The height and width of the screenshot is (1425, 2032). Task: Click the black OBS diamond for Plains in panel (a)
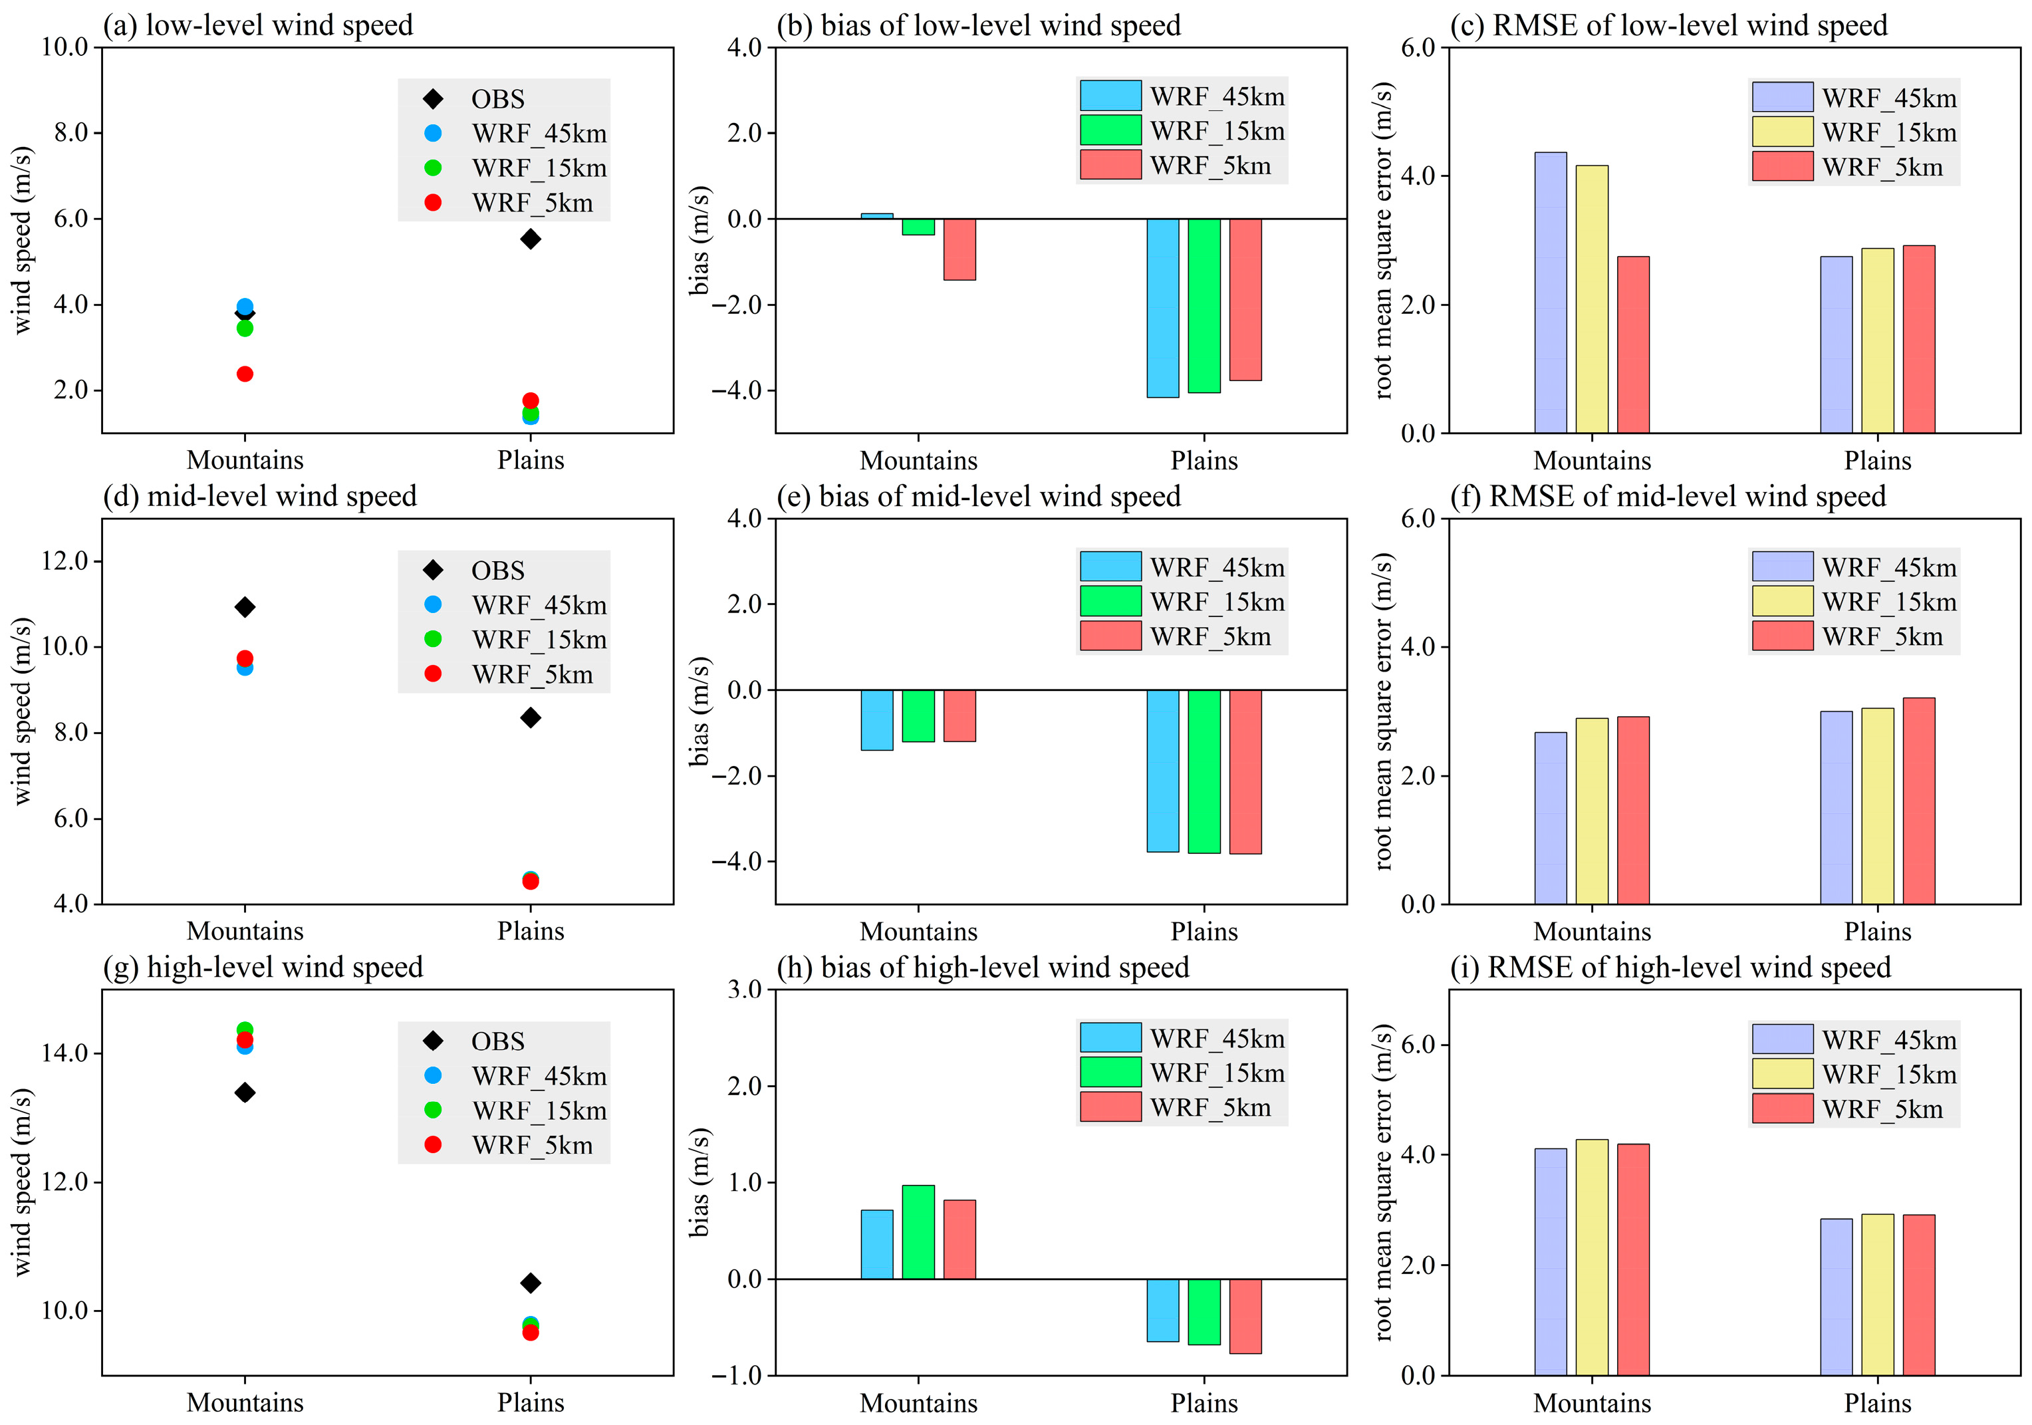tap(530, 239)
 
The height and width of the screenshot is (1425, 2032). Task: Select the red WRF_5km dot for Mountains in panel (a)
tap(245, 374)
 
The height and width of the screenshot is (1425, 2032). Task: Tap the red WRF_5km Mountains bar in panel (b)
tap(959, 249)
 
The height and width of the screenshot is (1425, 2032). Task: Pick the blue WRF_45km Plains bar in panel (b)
tap(1162, 307)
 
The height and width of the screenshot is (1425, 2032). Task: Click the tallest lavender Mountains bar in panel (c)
tap(1550, 292)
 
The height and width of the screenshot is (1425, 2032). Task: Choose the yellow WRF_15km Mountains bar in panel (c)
tap(1591, 299)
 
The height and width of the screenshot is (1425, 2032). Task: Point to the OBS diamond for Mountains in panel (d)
tap(245, 606)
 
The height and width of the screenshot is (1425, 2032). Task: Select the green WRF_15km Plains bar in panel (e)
tap(1204, 771)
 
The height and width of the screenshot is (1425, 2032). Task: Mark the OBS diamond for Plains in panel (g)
tap(530, 1283)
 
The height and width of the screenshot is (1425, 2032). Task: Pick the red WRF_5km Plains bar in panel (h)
tap(1245, 1315)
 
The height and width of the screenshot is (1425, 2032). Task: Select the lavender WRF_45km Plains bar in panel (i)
tap(1836, 1296)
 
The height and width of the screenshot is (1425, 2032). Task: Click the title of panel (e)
tap(978, 497)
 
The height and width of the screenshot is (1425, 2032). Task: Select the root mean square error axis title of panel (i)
tap(1383, 1182)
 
